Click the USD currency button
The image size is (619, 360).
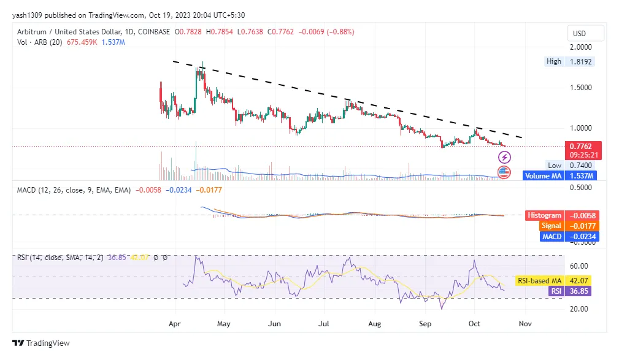tap(579, 33)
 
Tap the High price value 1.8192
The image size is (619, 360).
tap(582, 61)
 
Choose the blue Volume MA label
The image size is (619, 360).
tap(544, 176)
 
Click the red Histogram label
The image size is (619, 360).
tap(544, 215)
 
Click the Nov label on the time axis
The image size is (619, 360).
tap(523, 321)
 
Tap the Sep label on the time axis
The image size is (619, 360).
tap(425, 321)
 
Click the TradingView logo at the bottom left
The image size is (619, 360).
tap(41, 343)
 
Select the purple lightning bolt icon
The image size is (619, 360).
tap(504, 158)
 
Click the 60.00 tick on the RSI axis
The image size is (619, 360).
tap(579, 266)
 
